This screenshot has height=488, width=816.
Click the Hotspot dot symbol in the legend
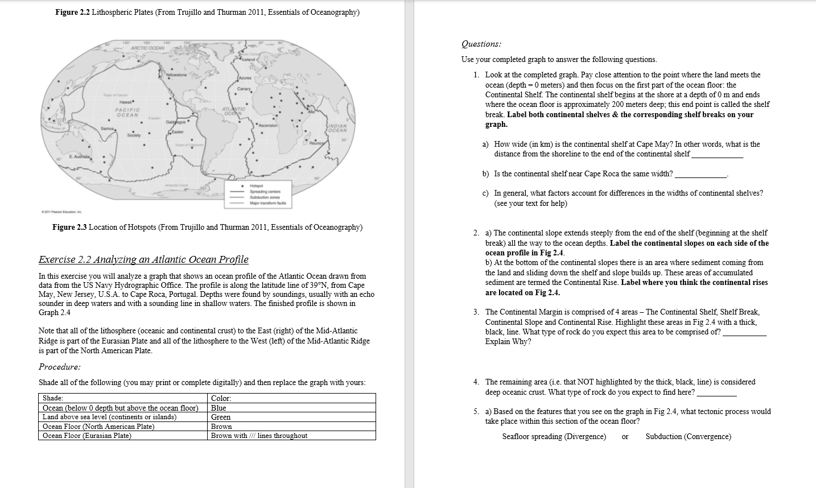[244, 186]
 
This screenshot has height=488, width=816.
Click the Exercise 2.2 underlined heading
[143, 260]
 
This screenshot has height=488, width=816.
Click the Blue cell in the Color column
[219, 408]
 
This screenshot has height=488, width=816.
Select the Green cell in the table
[221, 417]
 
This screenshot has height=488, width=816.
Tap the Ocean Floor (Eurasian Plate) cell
[86, 436]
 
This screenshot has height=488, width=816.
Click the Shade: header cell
[53, 398]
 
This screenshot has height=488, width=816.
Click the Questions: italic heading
[481, 44]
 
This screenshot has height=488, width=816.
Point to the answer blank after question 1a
[716, 155]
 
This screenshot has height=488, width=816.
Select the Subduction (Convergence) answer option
[688, 437]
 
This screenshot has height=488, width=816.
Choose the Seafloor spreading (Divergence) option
[554, 437]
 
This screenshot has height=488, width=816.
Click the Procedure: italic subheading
[59, 367]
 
